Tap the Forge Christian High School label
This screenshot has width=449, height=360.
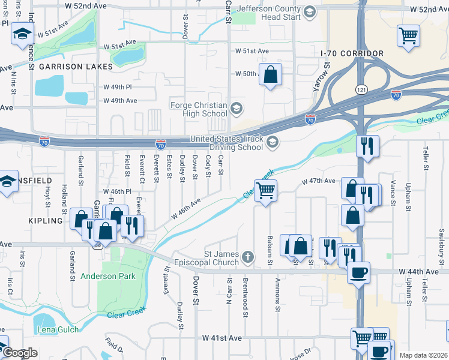point(199,109)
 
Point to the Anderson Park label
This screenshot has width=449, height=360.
point(108,276)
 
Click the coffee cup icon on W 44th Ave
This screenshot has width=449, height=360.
point(358,272)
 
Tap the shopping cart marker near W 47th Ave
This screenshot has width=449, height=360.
point(265,191)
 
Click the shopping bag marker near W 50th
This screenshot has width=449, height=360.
point(271,76)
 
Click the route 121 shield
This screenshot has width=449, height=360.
point(359,89)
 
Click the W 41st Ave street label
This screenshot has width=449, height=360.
point(221,338)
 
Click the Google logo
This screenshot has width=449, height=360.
point(20,353)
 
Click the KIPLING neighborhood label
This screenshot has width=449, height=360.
point(46,221)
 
